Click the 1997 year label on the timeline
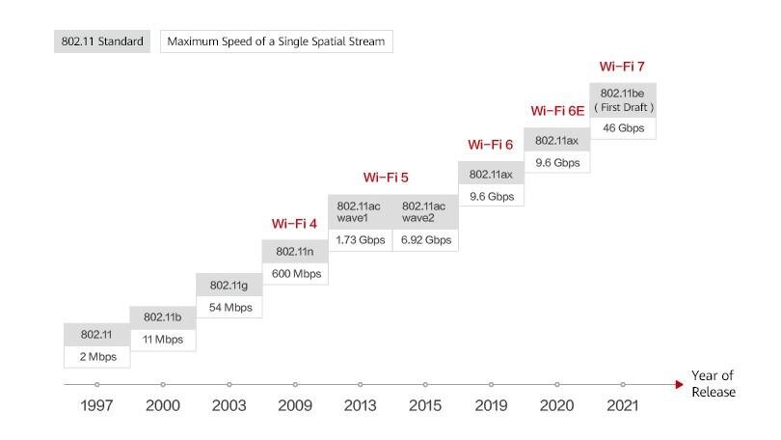[x=96, y=405]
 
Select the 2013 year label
[x=360, y=405]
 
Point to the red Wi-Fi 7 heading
[x=622, y=67]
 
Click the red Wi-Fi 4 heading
[x=294, y=224]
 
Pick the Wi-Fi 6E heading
[x=557, y=111]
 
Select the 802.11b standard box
[x=163, y=317]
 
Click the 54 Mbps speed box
[x=229, y=308]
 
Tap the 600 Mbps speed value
[x=295, y=274]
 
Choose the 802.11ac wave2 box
[x=424, y=211]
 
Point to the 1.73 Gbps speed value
[x=359, y=239]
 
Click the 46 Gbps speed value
[x=622, y=127]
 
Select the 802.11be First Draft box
[x=622, y=99]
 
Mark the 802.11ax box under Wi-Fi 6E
[x=555, y=140]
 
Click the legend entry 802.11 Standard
[x=101, y=41]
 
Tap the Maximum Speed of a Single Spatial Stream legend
[x=277, y=41]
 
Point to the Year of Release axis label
[x=713, y=384]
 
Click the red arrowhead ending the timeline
[x=679, y=384]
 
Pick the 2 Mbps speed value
[x=96, y=357]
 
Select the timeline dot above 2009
[x=295, y=384]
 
